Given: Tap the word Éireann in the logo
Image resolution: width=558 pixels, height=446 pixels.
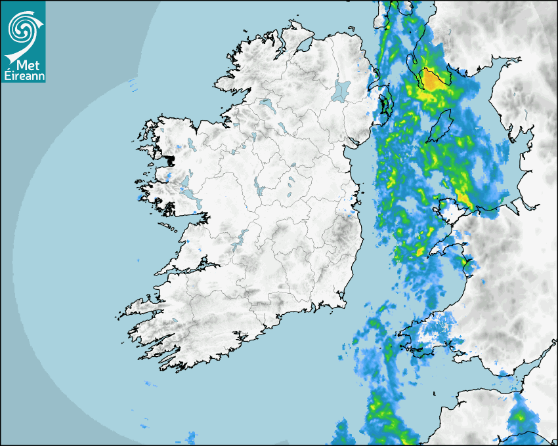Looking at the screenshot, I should point(23,75).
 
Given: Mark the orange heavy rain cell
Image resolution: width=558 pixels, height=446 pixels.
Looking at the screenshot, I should point(433,80).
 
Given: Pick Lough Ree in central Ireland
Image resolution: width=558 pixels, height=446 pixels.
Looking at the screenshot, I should point(259,190).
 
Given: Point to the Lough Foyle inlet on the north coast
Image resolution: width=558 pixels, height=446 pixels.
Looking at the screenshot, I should point(303,45).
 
